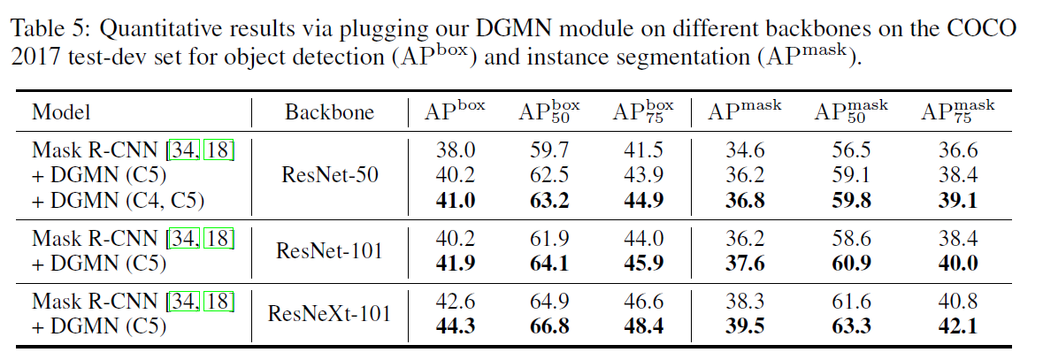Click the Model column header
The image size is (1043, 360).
61,112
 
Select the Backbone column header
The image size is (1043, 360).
329,112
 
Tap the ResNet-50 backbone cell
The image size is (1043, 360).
329,175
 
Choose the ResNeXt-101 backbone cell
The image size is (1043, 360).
329,314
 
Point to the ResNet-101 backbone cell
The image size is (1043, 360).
329,251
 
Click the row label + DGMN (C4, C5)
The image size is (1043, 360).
118,201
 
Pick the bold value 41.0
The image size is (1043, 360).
456,201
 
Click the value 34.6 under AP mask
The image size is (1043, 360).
741,150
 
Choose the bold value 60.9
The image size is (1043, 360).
850,264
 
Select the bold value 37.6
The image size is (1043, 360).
741,264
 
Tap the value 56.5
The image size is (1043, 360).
850,150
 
